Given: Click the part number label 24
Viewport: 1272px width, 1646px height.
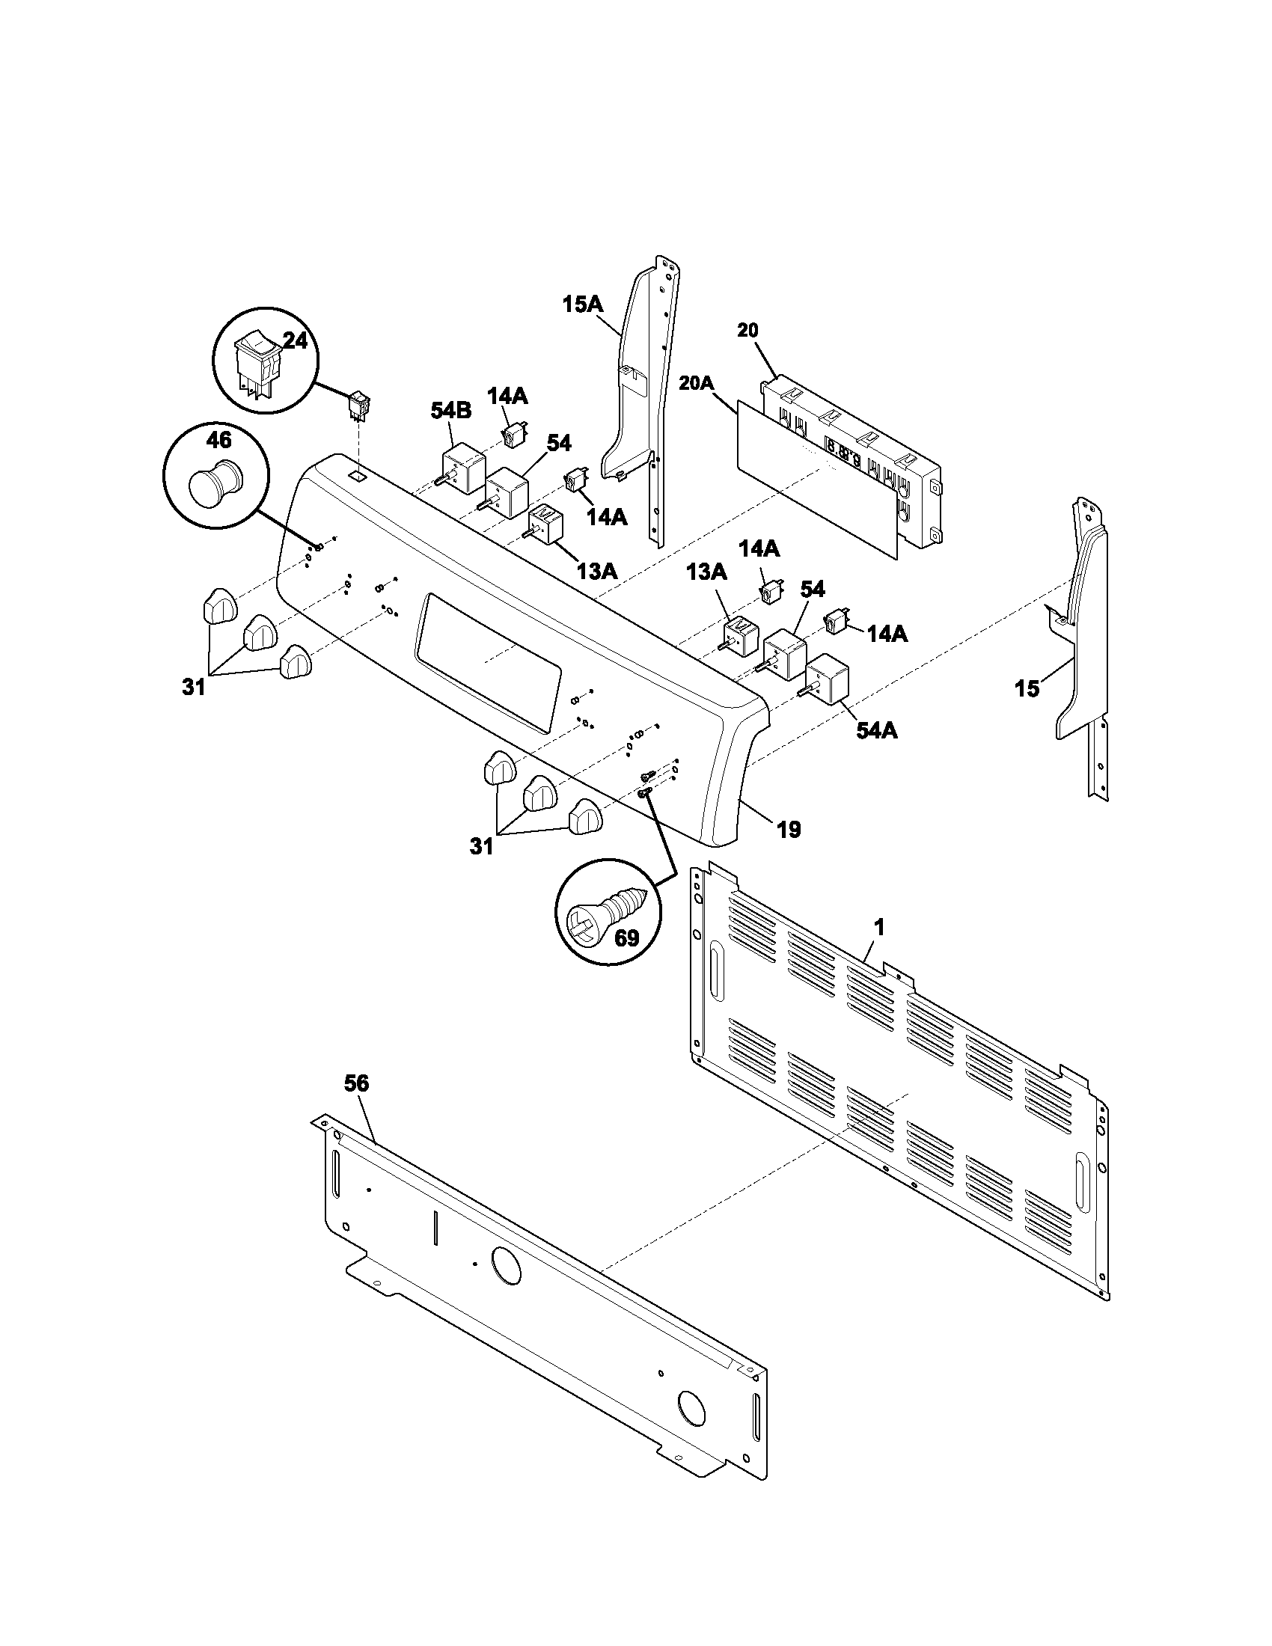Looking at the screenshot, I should point(296,341).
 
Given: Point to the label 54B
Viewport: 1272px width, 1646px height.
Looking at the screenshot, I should point(450,411).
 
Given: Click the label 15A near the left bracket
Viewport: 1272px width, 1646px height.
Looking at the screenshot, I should point(582,305).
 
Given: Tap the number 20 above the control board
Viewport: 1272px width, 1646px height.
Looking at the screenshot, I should point(747,330).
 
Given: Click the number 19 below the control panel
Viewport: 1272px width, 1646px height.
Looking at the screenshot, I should point(789,830).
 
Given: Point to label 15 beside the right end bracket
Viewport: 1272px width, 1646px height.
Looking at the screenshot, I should point(1027,688).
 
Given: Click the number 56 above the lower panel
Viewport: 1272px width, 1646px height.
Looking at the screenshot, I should point(356,1084).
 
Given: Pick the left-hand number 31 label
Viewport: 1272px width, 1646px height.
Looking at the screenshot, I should point(194,688).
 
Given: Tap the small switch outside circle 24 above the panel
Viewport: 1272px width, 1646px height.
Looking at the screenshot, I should point(358,405).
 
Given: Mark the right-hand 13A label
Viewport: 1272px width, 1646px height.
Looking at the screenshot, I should point(706,573).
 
